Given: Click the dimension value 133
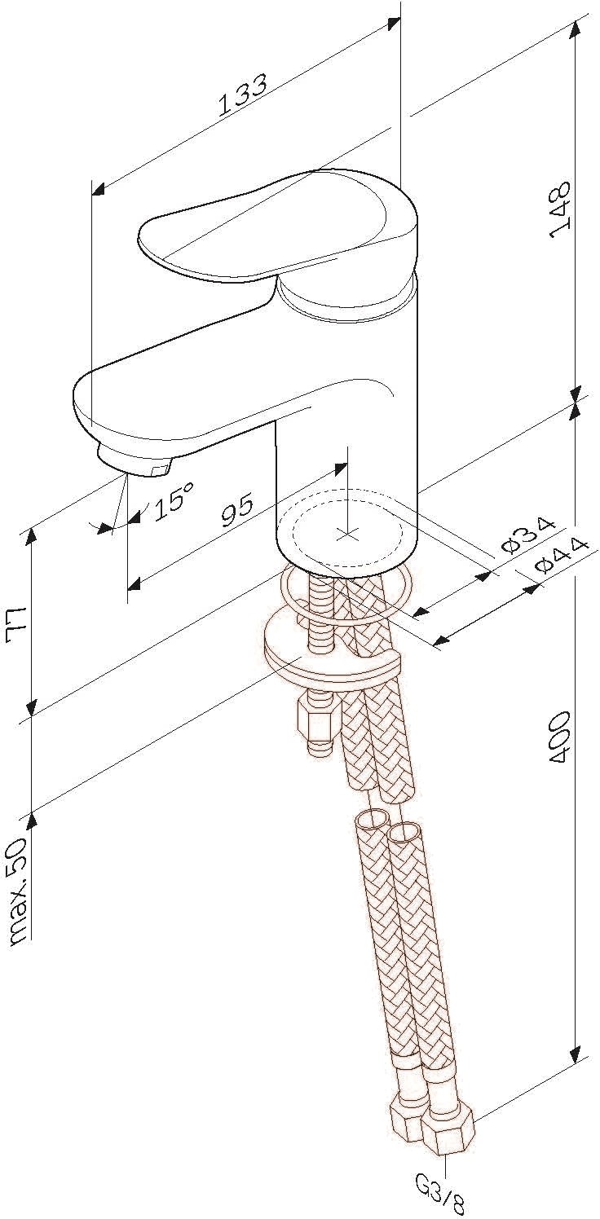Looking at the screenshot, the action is pos(244,95).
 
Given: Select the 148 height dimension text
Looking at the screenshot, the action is pos(559,209).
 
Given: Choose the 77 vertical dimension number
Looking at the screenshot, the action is pos(17,627).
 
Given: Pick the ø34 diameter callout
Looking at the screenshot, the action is pos(528,536).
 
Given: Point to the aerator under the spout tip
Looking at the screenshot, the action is pos(134,453).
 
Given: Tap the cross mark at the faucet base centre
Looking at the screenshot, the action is pos(346,533).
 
